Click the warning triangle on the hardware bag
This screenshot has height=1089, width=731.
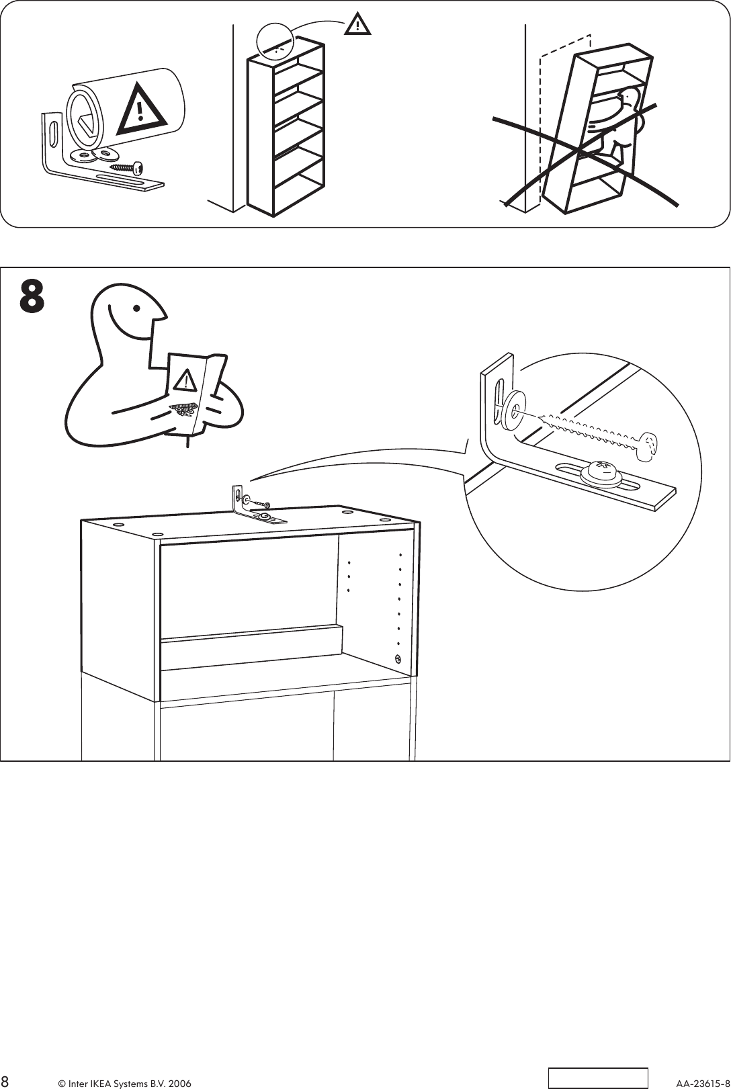(141, 109)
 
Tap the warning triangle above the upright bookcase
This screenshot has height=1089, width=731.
(358, 26)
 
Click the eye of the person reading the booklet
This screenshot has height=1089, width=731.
(137, 309)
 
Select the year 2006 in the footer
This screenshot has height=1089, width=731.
(179, 1078)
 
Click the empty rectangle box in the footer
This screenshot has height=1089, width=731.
(598, 1077)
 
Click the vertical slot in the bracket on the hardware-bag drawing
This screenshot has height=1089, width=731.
(52, 132)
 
